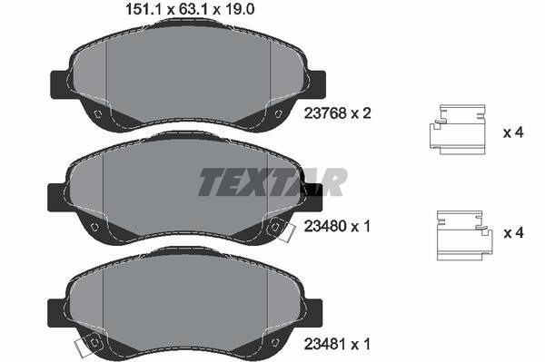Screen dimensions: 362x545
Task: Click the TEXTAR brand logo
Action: point(272,182)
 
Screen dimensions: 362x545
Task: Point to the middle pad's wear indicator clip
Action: point(279,232)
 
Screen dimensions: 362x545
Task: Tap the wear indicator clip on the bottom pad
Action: point(89,346)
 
